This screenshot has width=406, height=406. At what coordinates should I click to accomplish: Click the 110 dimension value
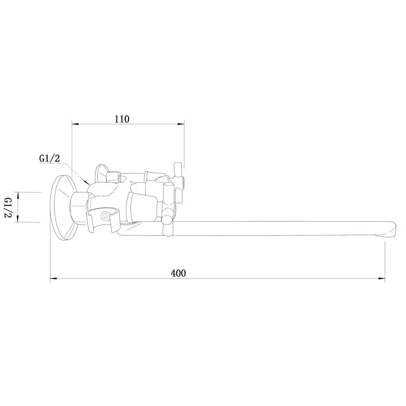pyautogui.click(x=122, y=119)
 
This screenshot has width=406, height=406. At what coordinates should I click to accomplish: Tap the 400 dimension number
pyautogui.click(x=178, y=273)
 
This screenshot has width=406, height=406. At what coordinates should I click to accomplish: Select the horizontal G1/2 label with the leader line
pyautogui.click(x=50, y=158)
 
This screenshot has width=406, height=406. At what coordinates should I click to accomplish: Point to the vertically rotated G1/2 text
pyautogui.click(x=9, y=207)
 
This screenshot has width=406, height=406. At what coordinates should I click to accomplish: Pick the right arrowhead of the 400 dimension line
pyautogui.click(x=382, y=279)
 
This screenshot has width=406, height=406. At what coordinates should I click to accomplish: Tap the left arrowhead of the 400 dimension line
pyautogui.click(x=53, y=279)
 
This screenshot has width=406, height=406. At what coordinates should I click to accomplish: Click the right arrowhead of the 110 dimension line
pyautogui.click(x=181, y=124)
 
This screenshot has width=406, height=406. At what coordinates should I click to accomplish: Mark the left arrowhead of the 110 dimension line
pyautogui.click(x=75, y=124)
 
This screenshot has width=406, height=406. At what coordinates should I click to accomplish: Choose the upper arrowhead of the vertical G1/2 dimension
pyautogui.click(x=18, y=196)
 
